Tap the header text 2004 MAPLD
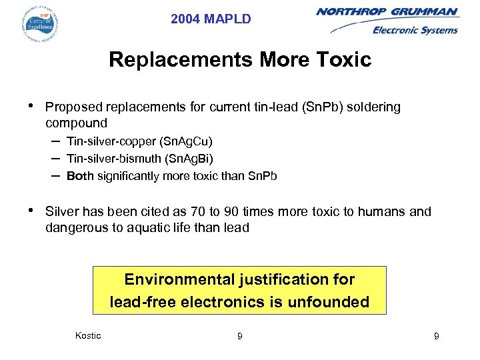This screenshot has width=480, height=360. click(211, 19)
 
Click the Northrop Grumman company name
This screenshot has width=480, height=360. click(387, 11)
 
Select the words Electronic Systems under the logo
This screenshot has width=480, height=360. click(415, 30)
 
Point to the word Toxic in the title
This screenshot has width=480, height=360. click(341, 60)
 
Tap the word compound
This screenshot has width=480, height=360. click(76, 123)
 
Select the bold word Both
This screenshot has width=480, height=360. click(80, 176)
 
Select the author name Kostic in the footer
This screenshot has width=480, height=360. click(89, 335)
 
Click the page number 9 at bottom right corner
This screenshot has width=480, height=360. click(436, 336)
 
